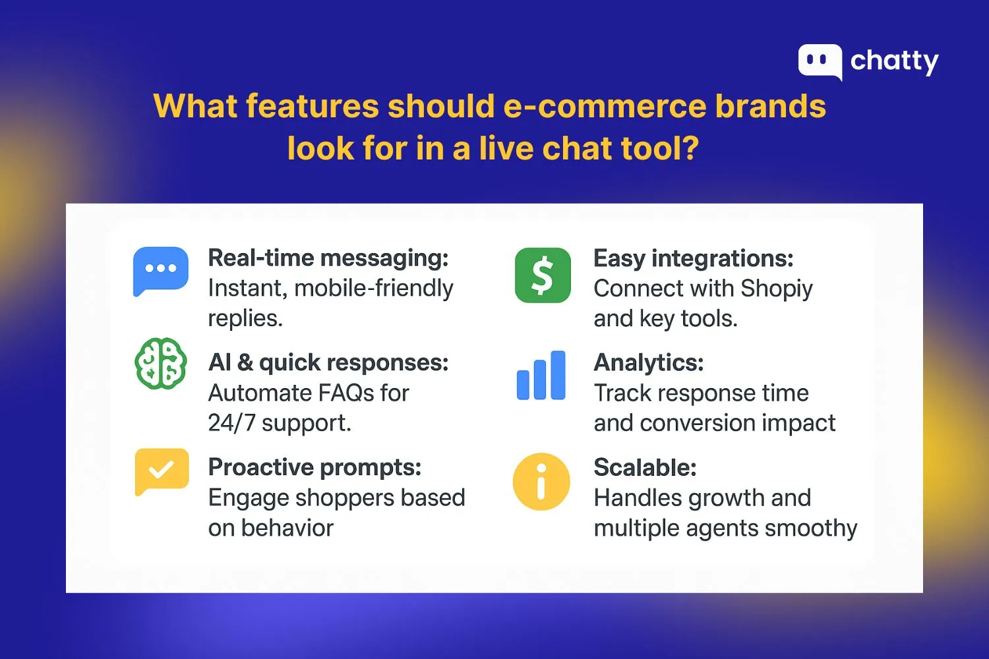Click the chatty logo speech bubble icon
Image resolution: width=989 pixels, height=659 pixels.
(820, 61)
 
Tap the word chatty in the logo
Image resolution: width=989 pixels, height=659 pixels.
(894, 61)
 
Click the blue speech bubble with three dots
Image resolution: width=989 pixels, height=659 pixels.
(160, 270)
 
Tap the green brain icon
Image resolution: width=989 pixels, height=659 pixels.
(160, 363)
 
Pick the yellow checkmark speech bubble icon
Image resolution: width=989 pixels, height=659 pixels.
(162, 471)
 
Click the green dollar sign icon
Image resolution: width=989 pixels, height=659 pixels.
(543, 275)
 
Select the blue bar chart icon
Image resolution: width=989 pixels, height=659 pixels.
(541, 376)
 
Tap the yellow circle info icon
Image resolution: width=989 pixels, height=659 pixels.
(541, 482)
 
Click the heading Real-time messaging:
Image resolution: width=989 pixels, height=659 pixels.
(328, 258)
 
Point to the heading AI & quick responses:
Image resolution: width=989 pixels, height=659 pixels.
(328, 362)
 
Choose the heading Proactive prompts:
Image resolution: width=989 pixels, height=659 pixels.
(315, 467)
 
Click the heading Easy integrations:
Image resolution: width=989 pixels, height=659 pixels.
(693, 258)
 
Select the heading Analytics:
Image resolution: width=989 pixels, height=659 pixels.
(648, 362)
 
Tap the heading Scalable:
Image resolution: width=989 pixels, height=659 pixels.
(645, 467)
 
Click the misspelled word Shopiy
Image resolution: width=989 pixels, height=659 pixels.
(776, 289)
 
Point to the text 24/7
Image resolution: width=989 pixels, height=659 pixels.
(231, 423)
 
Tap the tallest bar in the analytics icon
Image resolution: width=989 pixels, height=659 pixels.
(558, 375)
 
